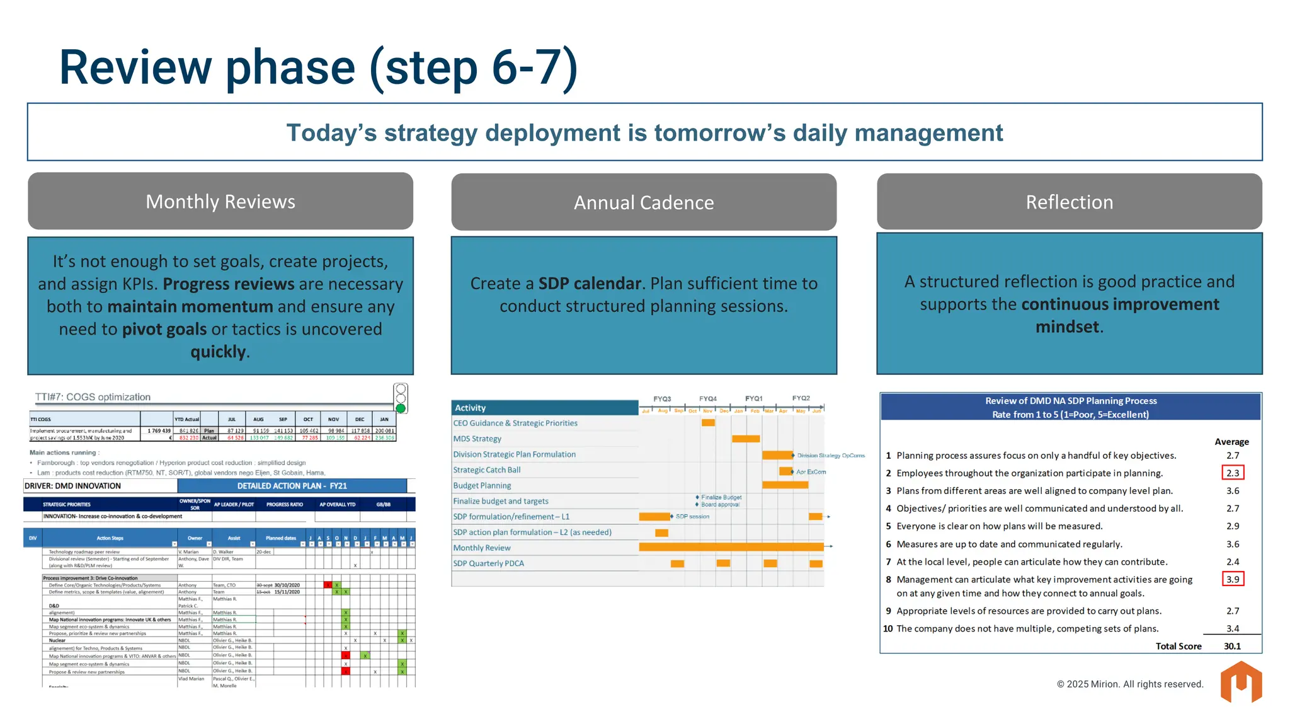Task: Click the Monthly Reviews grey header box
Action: coord(220,202)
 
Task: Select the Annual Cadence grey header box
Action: coord(644,202)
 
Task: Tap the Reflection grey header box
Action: coord(1069,202)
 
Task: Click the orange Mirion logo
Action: coord(1241,682)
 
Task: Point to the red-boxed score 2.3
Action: coord(1233,473)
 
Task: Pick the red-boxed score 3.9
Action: coord(1233,579)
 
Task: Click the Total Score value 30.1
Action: coord(1232,646)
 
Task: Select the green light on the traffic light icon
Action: coord(401,408)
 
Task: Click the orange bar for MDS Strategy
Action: coord(746,439)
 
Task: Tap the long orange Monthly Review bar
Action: coord(731,547)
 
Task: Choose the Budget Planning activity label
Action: coord(482,485)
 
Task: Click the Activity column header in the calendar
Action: coord(471,408)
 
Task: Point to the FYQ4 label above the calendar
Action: coord(707,399)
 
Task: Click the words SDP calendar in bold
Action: coord(590,284)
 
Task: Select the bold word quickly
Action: coord(218,352)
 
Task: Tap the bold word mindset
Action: coord(1067,326)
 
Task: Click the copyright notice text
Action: coord(1129,684)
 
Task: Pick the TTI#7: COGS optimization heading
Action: coord(93,397)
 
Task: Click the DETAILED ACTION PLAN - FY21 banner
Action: coord(292,486)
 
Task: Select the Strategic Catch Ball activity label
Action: coord(487,470)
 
